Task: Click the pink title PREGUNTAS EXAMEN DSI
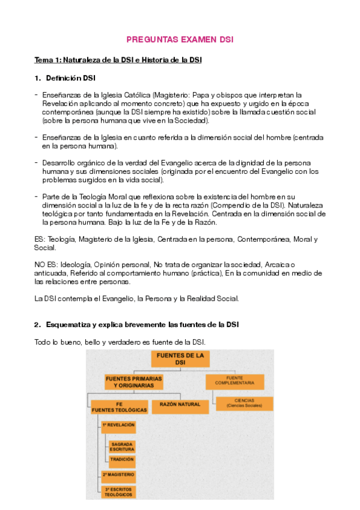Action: pos(180,40)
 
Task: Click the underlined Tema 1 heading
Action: pos(118,60)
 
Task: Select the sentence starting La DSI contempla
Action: pos(137,298)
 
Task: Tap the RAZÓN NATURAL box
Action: pos(176,405)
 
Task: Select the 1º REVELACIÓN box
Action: pos(118,425)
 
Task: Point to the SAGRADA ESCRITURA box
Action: pos(122,447)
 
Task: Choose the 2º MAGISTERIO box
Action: pos(118,475)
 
